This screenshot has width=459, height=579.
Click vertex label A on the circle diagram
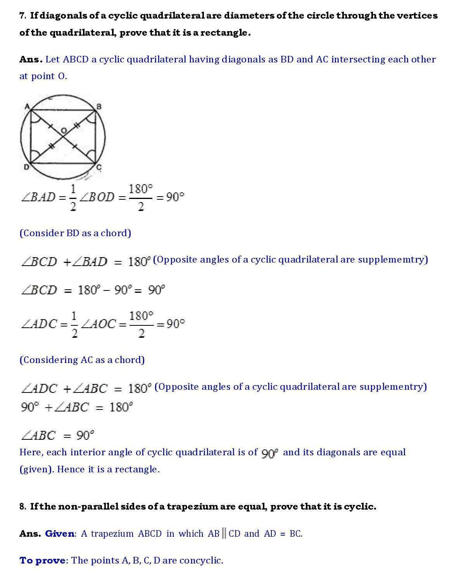pyautogui.click(x=26, y=106)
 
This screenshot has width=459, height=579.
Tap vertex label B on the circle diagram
pyautogui.click(x=99, y=106)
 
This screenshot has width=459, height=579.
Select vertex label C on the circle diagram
pyautogui.click(x=99, y=168)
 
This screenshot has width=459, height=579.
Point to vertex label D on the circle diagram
pyautogui.click(x=26, y=168)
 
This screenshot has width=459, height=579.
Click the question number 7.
pyautogui.click(x=22, y=16)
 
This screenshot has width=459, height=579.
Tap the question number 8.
pyautogui.click(x=22, y=506)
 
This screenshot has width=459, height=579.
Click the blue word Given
pyautogui.click(x=59, y=534)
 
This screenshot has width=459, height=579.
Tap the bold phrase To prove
pyautogui.click(x=42, y=560)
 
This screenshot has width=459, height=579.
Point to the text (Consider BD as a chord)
pyautogui.click(x=75, y=233)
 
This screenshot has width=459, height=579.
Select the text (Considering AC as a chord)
pyautogui.click(x=82, y=360)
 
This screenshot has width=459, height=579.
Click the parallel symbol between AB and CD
pyautogui.click(x=224, y=534)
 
